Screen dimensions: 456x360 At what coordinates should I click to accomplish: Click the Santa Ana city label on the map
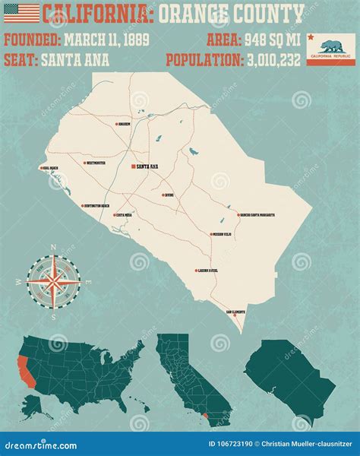(x=148, y=166)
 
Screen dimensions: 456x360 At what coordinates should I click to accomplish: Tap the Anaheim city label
(x=125, y=124)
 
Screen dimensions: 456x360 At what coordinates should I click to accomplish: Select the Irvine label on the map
(x=171, y=195)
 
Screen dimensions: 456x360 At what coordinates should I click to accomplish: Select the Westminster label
(x=96, y=163)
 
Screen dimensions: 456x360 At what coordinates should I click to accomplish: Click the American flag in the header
(x=21, y=13)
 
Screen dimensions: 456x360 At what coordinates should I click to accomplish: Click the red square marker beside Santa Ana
(x=134, y=166)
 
